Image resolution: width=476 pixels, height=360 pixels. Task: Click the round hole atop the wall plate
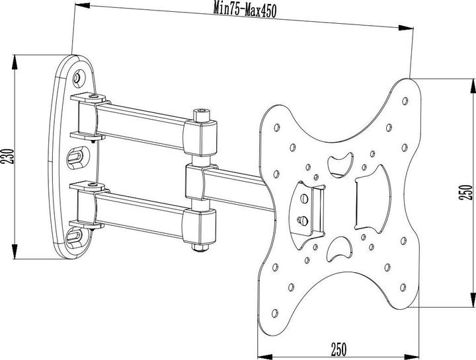click(79, 78)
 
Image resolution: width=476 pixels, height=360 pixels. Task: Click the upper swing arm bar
click(142, 124)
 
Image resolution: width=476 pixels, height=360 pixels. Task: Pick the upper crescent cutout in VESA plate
click(340, 160)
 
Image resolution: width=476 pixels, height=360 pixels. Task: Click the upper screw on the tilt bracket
click(305, 197)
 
